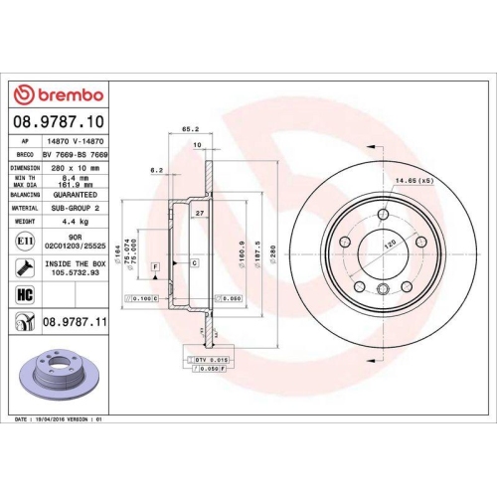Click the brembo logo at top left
click(58, 94)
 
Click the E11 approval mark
click(23, 242)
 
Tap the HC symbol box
click(23, 295)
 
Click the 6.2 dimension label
click(156, 171)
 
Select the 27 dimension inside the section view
click(198, 215)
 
